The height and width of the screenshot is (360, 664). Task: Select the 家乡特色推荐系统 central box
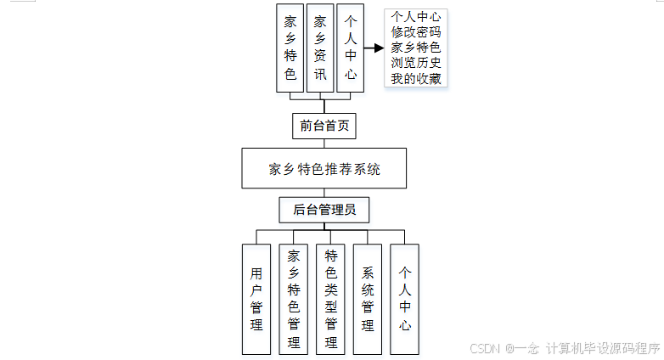[324, 168]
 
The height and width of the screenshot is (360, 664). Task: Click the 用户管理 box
[256, 298]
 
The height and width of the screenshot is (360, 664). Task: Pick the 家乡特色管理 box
[293, 298]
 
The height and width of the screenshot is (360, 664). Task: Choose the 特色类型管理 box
[330, 298]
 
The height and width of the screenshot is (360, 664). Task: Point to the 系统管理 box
[368, 298]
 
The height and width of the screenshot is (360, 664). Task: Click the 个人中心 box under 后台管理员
[405, 298]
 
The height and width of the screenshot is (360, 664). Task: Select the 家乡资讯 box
[319, 48]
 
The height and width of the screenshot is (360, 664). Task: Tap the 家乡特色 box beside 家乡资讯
[290, 48]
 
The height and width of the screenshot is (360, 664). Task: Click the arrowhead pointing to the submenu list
[379, 48]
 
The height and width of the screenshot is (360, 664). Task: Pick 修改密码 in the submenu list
[415, 32]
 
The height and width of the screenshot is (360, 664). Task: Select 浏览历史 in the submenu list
[415, 63]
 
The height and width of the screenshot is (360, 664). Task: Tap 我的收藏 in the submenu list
[415, 79]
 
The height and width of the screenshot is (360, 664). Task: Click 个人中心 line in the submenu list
[415, 17]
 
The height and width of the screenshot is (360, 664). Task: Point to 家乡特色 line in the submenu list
[415, 48]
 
